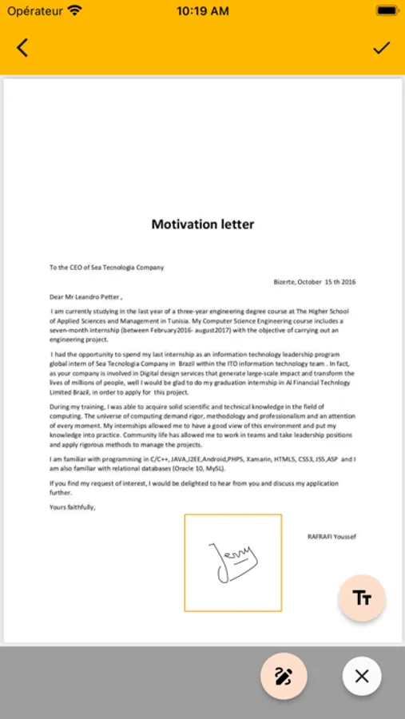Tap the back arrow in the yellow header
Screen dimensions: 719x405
pos(22,48)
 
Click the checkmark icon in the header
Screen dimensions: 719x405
pos(382,48)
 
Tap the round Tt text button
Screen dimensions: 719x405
pos(362,598)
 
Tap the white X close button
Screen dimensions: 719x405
pos(362,677)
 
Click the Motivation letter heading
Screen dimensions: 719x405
pos(203,224)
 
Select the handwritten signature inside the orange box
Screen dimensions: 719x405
pos(232,561)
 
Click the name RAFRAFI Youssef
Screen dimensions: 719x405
pos(332,536)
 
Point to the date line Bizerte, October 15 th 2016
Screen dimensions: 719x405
pos(315,282)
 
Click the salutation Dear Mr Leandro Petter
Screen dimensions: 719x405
pos(85,296)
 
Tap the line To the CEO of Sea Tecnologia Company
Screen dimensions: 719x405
pos(106,268)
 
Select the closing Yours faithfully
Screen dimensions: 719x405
pos(72,506)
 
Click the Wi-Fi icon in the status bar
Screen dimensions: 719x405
pos(75,11)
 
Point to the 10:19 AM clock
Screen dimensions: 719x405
pos(202,11)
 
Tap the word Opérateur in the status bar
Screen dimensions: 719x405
pos(34,11)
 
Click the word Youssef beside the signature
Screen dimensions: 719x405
pos(345,536)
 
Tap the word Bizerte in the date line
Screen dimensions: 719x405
pos(284,282)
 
